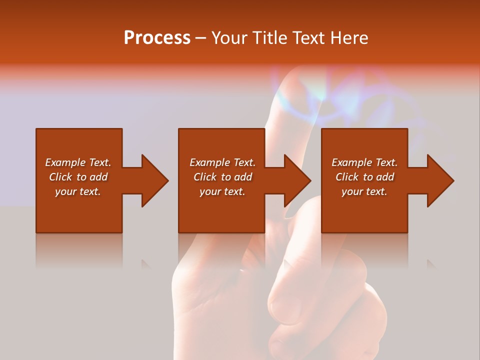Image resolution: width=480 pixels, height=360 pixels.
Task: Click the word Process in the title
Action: tap(157, 38)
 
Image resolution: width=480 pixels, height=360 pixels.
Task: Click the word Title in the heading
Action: tap(270, 38)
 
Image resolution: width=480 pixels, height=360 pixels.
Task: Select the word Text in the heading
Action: tap(310, 38)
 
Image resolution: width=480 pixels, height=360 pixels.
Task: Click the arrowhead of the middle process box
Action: tap(297, 180)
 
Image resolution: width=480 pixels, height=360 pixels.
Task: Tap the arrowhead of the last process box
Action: tap(440, 180)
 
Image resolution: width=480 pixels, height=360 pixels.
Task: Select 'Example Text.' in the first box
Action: tap(78, 162)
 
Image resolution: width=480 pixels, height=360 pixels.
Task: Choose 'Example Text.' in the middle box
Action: tap(222, 162)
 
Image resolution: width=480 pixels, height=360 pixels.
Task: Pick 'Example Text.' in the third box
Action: tap(364, 162)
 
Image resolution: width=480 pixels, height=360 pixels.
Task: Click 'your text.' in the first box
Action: tap(78, 191)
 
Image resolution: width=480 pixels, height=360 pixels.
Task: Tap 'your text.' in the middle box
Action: tap(222, 191)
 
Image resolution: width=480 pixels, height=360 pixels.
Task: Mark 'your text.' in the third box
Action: tap(364, 191)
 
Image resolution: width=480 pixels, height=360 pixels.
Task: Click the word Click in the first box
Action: tap(61, 177)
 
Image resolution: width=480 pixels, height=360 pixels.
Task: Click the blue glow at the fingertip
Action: tap(300, 95)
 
